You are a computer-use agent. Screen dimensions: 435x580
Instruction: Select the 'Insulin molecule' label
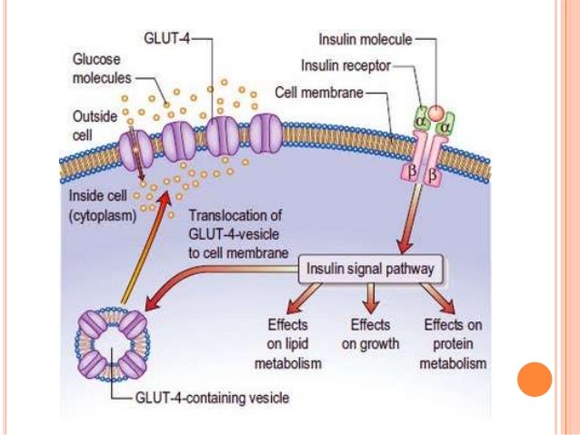pyautogui.click(x=365, y=40)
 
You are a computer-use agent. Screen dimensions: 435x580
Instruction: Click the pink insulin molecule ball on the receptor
pyautogui.click(x=436, y=114)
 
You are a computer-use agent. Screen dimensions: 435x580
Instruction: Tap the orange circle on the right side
pyautogui.click(x=534, y=380)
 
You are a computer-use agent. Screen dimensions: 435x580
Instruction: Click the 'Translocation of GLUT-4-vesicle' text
pyautogui.click(x=238, y=234)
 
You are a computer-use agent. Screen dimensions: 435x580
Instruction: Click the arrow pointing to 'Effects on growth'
pyautogui.click(x=369, y=296)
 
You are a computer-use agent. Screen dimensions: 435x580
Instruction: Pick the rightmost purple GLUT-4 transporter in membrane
pyautogui.click(x=265, y=133)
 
